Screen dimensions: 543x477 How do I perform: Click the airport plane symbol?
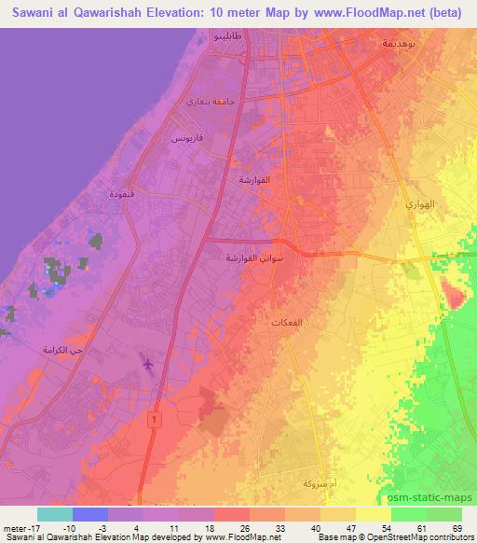point(147,360)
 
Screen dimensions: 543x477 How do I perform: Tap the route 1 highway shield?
point(152,421)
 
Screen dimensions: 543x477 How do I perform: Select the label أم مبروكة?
point(300,485)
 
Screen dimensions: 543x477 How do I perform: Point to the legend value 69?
point(458,528)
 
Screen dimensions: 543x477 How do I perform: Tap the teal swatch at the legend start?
point(54,514)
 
